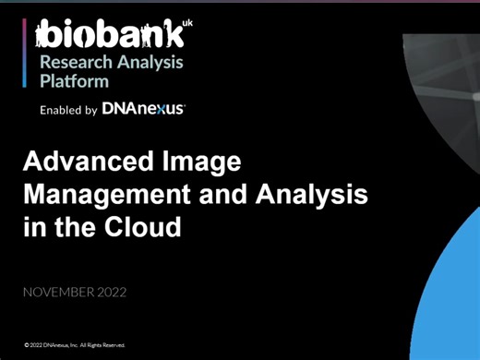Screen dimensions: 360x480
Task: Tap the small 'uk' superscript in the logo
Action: click(x=189, y=22)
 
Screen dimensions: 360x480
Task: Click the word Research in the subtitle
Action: click(x=70, y=62)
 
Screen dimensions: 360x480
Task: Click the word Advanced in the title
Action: click(x=82, y=163)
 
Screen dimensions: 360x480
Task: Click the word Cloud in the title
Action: click(x=150, y=225)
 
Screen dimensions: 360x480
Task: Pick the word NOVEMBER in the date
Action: click(x=60, y=293)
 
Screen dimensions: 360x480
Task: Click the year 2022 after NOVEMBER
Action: click(x=110, y=293)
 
